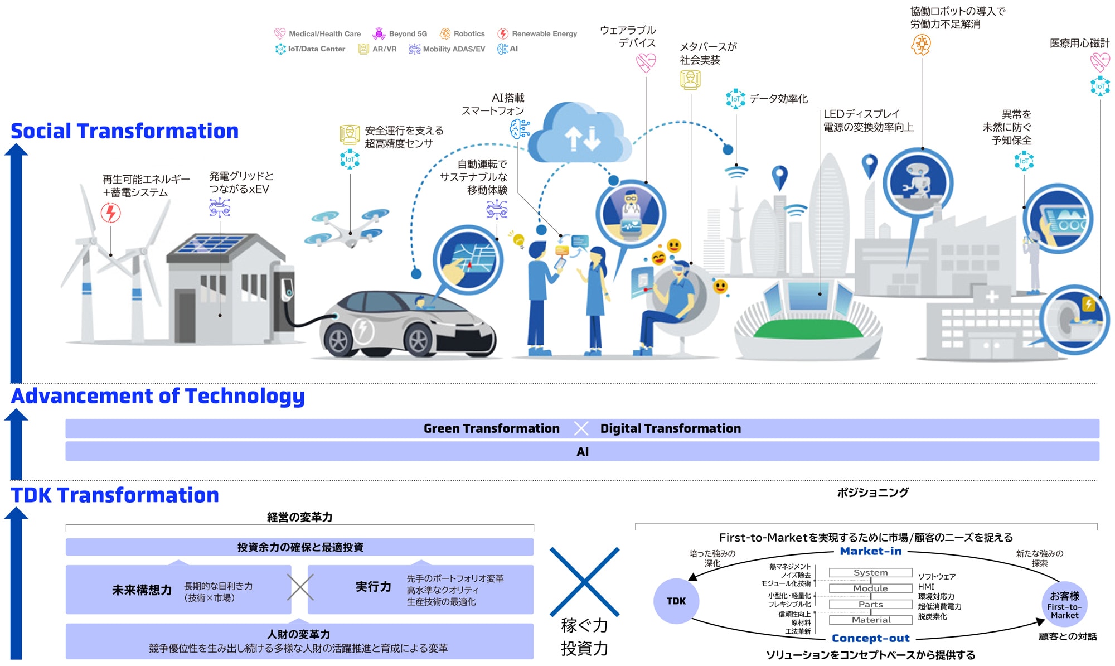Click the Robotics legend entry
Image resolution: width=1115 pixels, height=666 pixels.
coord(462,34)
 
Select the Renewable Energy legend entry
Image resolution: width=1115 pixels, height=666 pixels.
coord(537,34)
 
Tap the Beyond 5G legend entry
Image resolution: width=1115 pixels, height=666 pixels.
coord(400,34)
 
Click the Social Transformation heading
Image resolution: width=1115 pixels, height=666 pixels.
coord(125,131)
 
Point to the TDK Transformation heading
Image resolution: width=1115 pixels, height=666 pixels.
coord(115,495)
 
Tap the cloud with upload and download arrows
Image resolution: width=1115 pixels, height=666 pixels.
coord(580,134)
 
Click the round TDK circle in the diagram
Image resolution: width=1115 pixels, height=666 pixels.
coord(676,601)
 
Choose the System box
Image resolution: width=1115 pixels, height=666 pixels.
coord(870,573)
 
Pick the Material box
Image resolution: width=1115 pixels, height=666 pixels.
coord(870,620)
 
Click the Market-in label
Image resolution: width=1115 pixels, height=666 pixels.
coord(871,551)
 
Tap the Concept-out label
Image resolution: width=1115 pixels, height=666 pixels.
coord(870,638)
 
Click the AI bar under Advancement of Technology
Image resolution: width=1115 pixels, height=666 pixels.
coord(582,452)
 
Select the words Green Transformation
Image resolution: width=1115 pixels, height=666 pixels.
coord(491,428)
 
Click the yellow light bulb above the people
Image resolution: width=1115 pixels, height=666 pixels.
coord(518,240)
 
